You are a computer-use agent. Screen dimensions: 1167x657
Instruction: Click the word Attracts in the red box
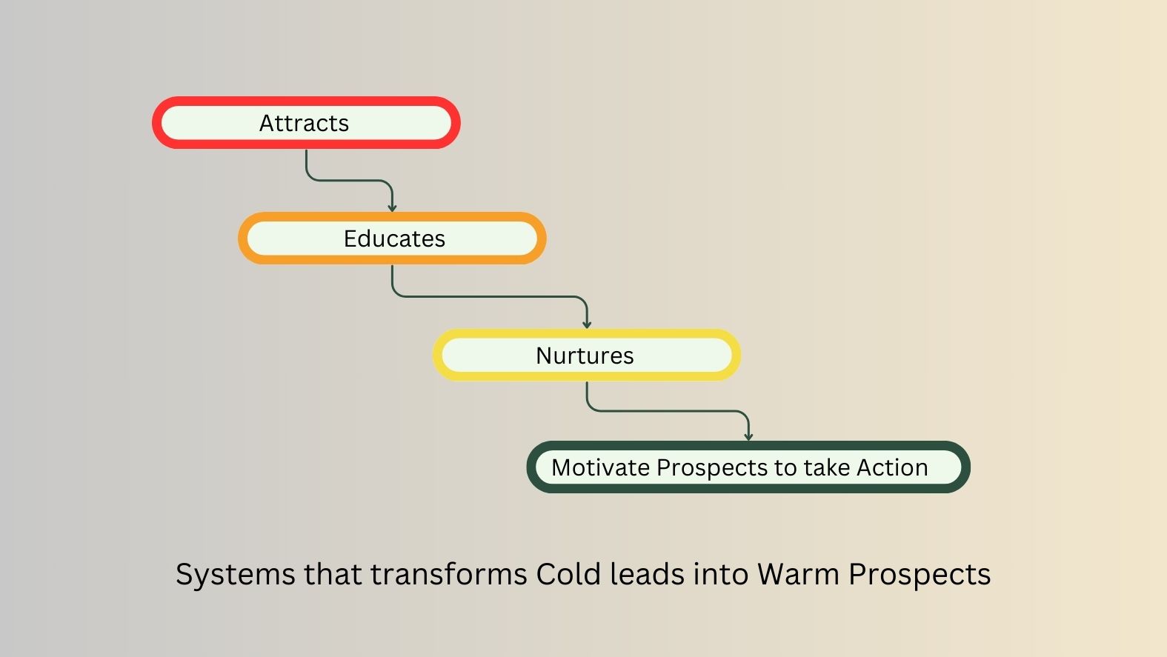coord(305,124)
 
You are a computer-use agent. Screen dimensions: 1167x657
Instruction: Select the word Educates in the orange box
coord(394,239)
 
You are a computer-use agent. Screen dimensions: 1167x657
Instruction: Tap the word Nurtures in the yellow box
coord(585,356)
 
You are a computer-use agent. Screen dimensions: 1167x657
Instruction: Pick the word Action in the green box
coord(892,467)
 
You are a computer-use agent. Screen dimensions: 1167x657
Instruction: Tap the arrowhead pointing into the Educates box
coord(392,208)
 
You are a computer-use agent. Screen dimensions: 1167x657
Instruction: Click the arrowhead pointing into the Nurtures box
coord(587,325)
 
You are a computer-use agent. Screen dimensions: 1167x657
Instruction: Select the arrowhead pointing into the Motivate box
coord(748,437)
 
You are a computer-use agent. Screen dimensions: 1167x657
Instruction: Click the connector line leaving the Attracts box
coord(349,181)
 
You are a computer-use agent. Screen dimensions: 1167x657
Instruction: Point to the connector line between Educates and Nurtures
coord(490,297)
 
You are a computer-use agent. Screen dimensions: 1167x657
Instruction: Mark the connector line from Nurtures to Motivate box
coord(668,411)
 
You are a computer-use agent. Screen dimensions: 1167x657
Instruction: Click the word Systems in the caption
coord(236,576)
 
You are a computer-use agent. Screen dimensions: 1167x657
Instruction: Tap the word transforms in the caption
coord(449,574)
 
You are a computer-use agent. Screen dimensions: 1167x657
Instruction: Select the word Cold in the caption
coord(568,574)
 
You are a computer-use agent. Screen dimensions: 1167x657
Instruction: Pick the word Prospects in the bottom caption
coord(920,576)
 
